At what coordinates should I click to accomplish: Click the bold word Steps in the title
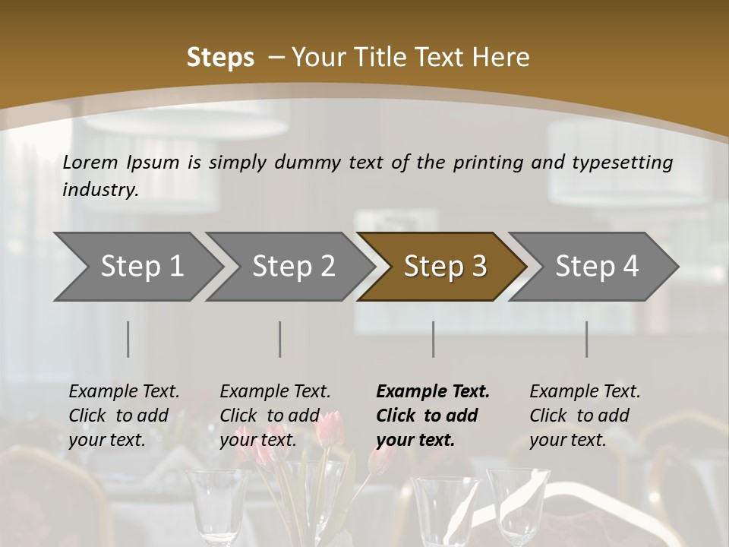(220, 57)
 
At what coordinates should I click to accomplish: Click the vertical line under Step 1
(128, 339)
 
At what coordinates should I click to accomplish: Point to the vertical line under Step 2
(280, 339)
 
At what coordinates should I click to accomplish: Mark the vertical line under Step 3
(433, 339)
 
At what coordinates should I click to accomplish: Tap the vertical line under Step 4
(586, 339)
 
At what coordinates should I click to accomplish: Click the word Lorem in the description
(90, 162)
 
